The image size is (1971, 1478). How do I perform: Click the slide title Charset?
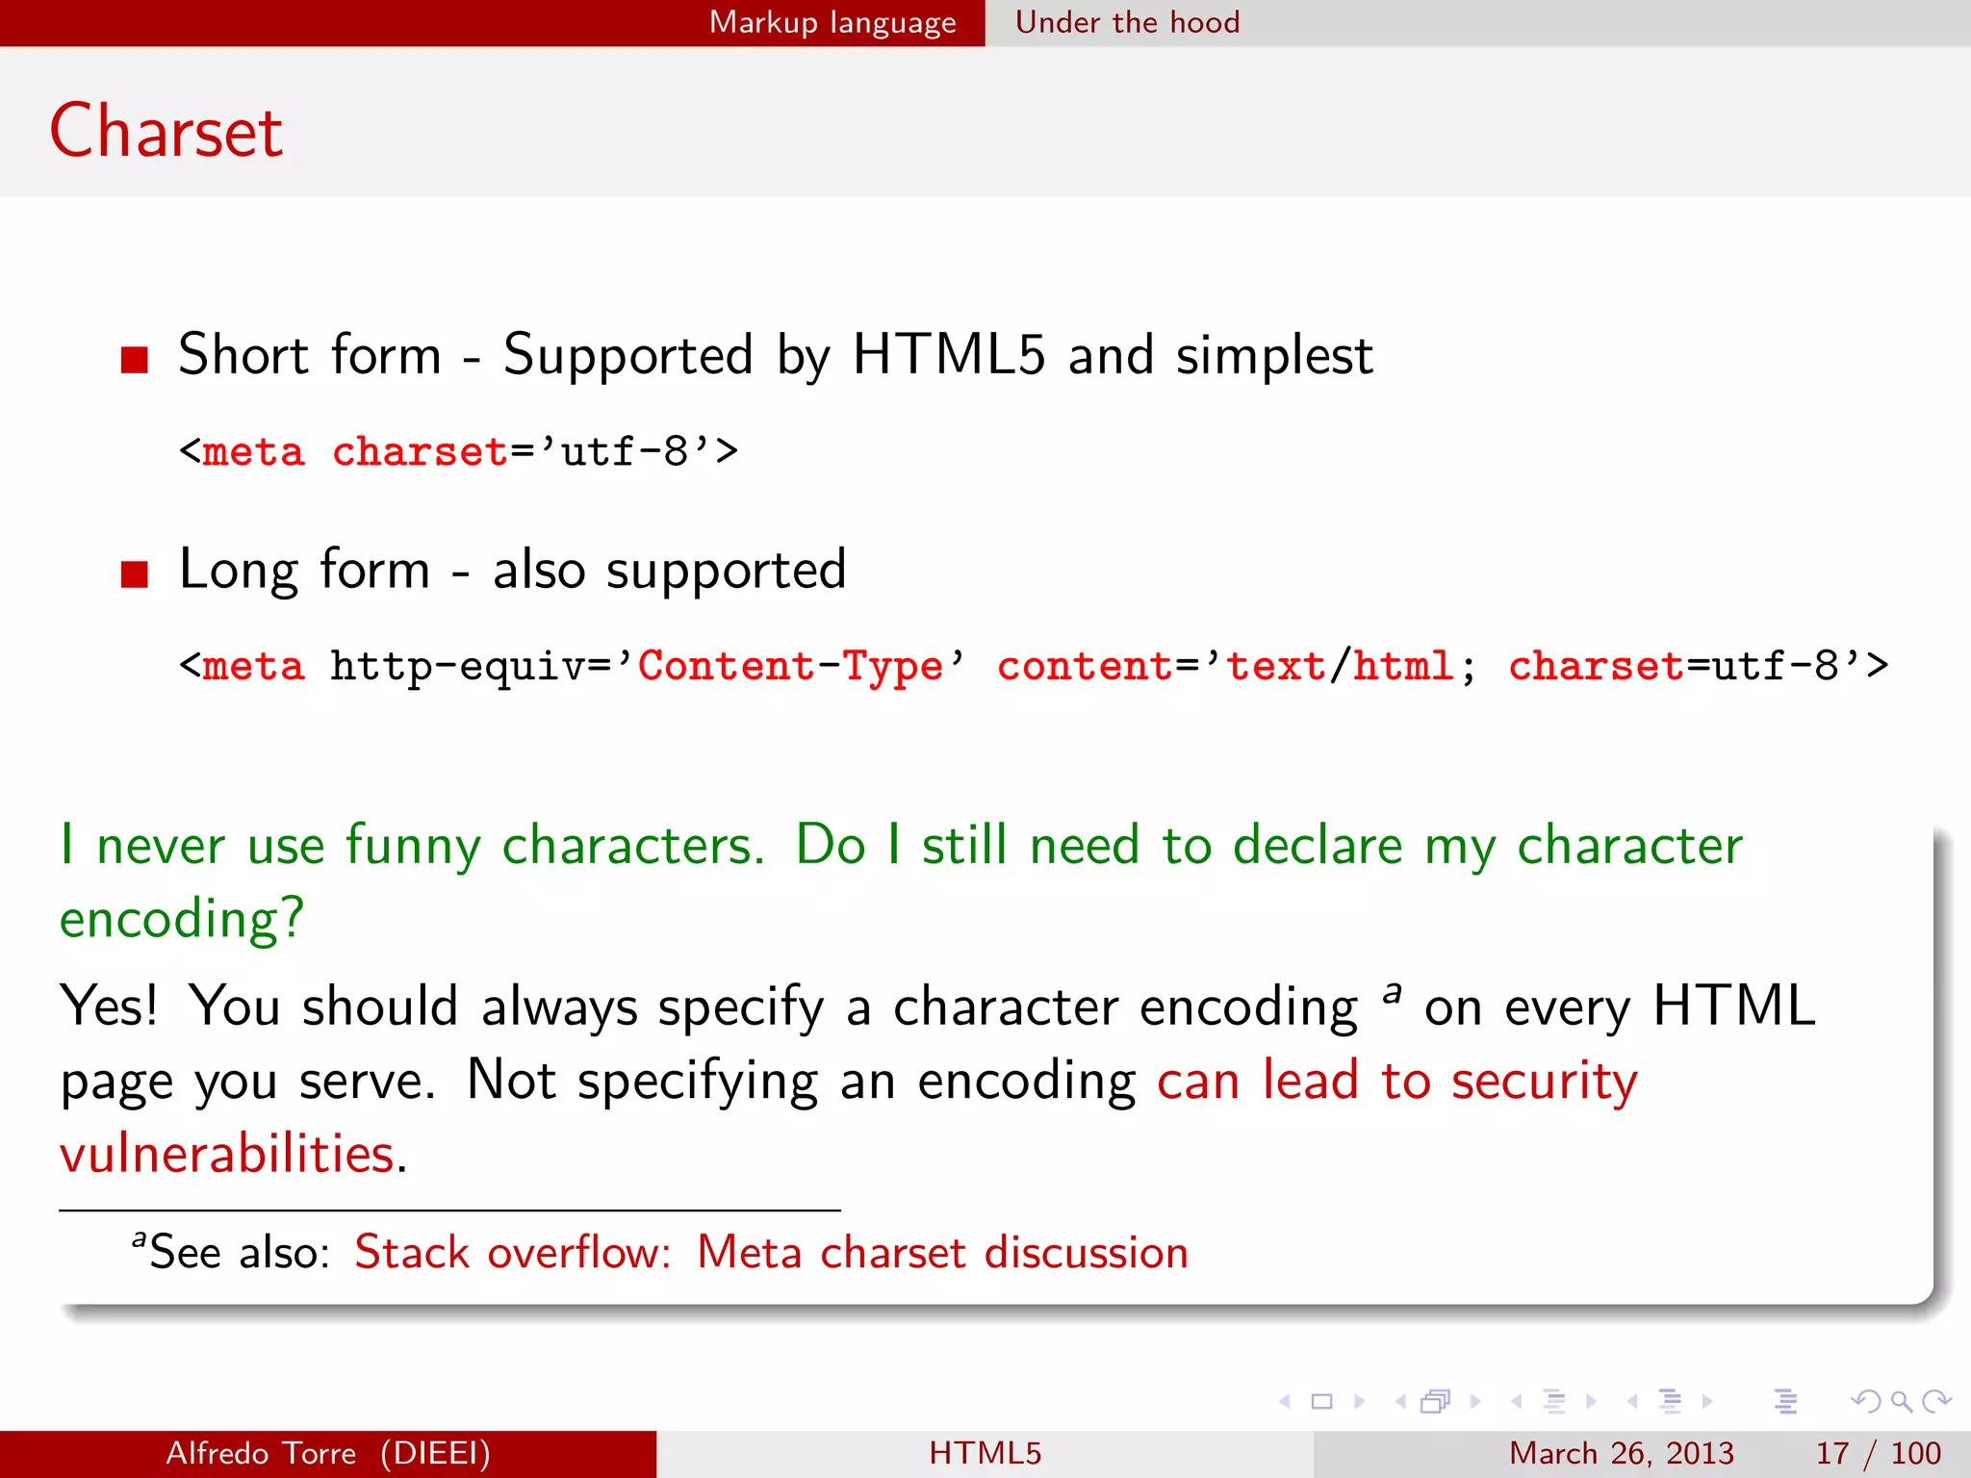tap(166, 132)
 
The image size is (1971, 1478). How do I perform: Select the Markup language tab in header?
tap(832, 22)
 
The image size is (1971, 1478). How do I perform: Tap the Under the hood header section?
tap(1127, 22)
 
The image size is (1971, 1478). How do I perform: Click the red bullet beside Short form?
tap(135, 359)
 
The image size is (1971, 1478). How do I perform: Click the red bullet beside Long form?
tap(135, 574)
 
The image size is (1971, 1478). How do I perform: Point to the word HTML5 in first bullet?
tap(948, 354)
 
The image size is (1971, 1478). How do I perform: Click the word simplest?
tap(1274, 356)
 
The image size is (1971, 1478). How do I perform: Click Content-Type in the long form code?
tap(790, 666)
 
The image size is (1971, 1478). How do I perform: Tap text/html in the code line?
tap(1339, 666)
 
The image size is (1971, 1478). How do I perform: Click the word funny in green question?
tap(412, 847)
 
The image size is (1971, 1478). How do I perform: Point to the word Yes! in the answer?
tap(108, 1007)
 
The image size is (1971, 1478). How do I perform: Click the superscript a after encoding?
tap(1391, 991)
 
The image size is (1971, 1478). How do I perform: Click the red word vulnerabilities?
tap(227, 1154)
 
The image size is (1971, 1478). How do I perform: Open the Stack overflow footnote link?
tap(771, 1253)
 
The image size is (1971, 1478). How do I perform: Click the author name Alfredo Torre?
tap(261, 1453)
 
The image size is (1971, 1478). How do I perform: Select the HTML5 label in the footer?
tap(985, 1453)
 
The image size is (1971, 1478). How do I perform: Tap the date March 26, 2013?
tap(1621, 1453)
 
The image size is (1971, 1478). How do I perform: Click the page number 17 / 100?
tap(1877, 1453)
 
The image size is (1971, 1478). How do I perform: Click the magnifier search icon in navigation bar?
tap(1901, 1402)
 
